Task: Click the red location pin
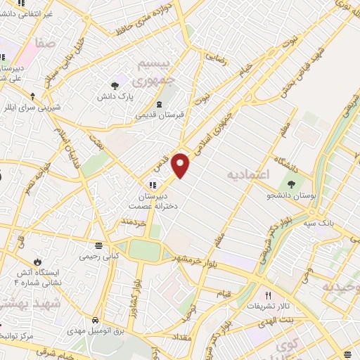point(181,165)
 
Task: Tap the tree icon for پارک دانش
point(113,86)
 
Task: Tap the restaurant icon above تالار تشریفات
point(267,295)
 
